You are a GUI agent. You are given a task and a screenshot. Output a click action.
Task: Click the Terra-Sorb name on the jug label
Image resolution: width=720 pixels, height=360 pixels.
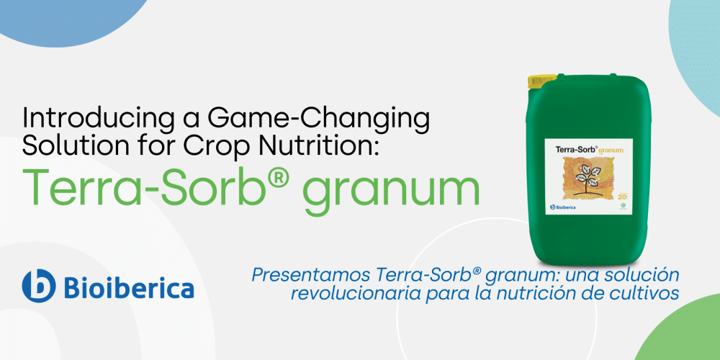573,149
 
